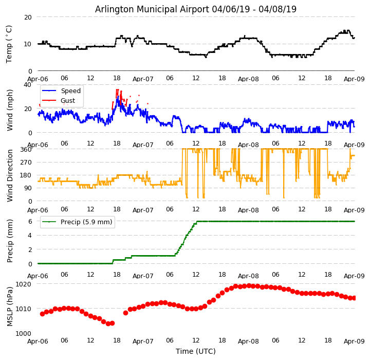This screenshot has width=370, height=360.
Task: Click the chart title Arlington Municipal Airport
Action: (196, 9)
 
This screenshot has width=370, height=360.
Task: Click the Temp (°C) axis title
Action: (9, 44)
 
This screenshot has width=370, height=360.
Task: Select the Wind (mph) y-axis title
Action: (10, 110)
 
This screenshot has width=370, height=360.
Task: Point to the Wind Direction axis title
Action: (10, 175)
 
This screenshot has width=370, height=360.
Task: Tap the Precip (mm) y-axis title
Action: (10, 241)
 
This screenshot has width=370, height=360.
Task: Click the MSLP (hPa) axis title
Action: (10, 307)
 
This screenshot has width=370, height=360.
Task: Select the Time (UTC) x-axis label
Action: (196, 351)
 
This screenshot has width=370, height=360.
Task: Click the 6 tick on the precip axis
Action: (30, 222)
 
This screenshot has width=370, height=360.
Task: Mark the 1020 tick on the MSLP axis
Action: (23, 284)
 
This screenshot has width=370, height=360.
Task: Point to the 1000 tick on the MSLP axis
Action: (23, 333)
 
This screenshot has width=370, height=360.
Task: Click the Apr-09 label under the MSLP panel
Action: (354, 341)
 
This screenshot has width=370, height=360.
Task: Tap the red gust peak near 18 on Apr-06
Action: (117, 90)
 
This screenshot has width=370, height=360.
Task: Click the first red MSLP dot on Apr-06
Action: (42, 314)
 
